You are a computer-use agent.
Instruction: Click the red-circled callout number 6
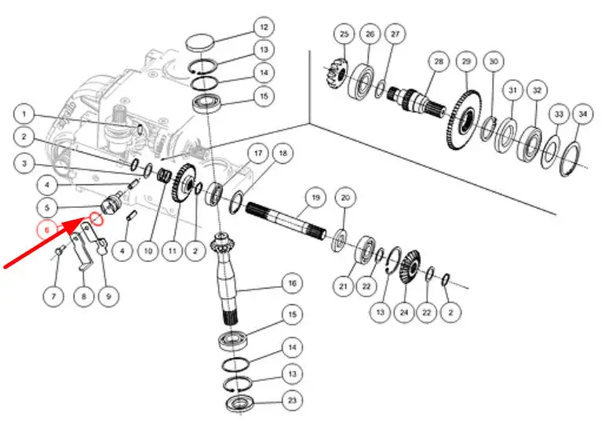point(47,230)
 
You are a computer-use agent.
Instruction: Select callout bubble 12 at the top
point(263,26)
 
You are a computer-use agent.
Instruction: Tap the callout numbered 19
point(314,198)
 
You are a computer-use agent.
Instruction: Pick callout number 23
point(291,400)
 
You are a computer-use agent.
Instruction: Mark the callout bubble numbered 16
point(291,282)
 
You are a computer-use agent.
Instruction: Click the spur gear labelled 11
point(184,185)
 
